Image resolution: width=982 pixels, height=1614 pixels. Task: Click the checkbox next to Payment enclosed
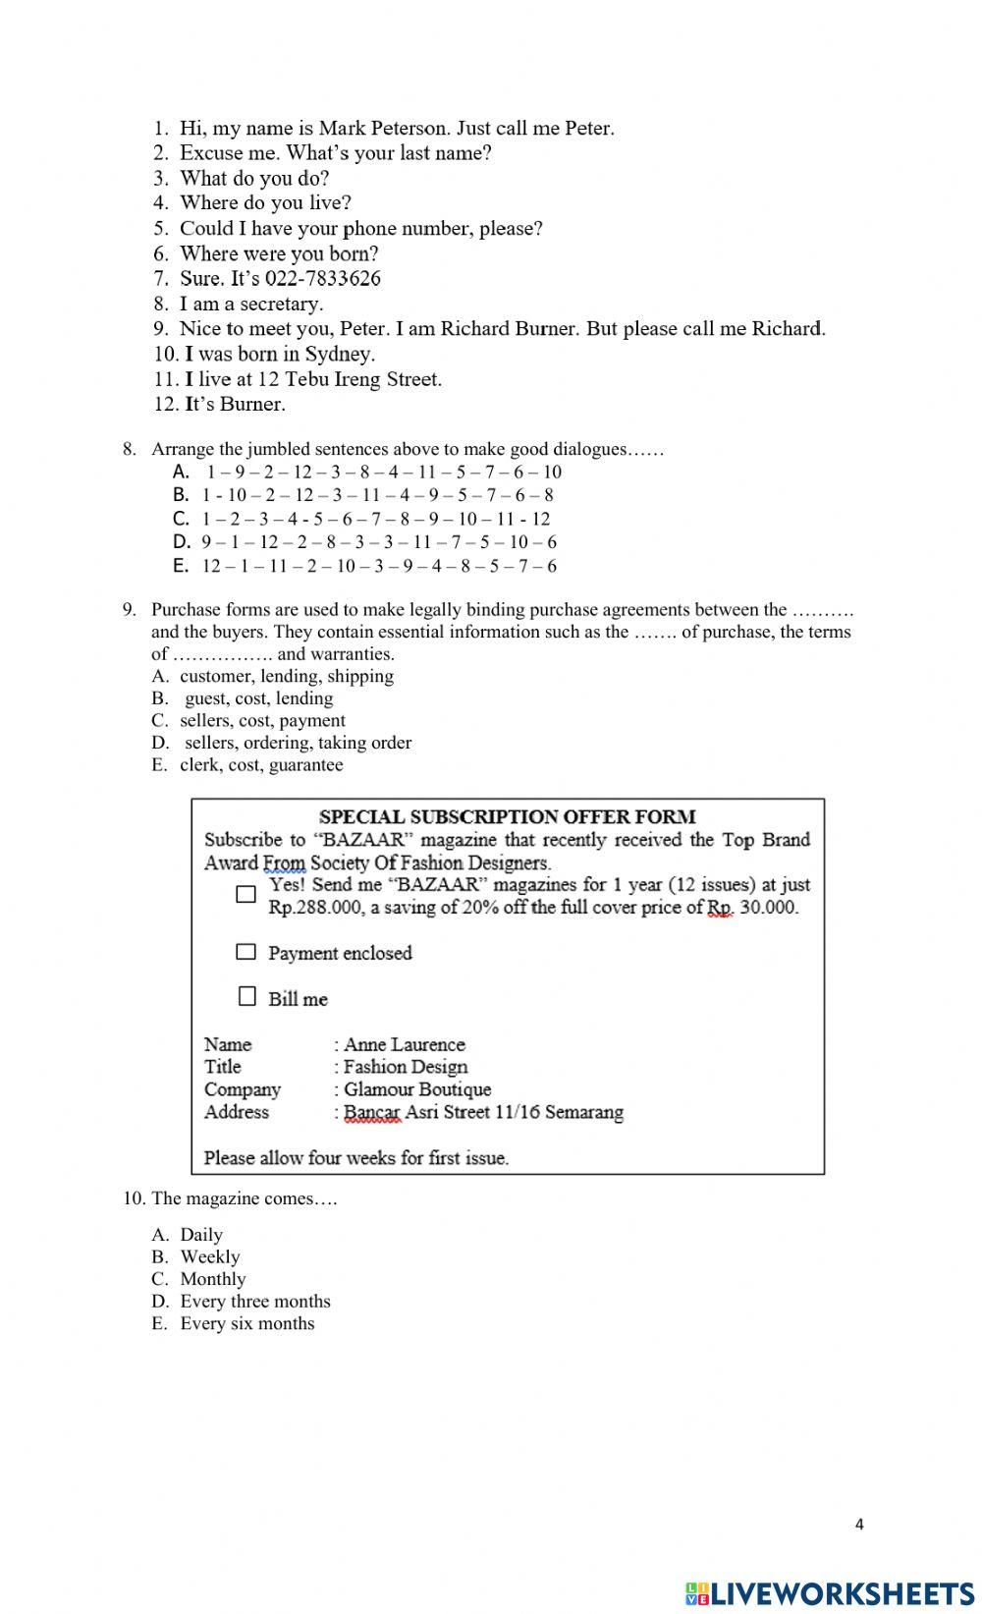[245, 952]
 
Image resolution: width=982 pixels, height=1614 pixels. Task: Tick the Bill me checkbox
[247, 997]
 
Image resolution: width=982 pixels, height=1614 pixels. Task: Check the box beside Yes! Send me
[245, 894]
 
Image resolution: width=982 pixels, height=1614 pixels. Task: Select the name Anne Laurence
[404, 1044]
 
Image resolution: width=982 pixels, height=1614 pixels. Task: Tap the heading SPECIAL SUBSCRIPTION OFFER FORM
[507, 816]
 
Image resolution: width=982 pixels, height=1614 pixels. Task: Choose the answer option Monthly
[212, 1279]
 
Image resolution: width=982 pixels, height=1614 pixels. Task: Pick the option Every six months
[246, 1323]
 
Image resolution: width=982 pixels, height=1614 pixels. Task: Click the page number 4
[860, 1525]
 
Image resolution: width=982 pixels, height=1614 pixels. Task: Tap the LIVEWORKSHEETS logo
[830, 1592]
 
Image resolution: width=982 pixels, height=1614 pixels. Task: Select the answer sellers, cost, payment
[262, 720]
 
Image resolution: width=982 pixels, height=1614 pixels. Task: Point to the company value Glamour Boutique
[417, 1089]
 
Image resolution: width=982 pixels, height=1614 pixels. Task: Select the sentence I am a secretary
[250, 304]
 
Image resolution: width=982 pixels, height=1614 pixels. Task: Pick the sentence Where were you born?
[278, 253]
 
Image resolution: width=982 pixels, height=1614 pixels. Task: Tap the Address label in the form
[236, 1112]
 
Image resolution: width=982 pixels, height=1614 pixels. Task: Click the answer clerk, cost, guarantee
[261, 764]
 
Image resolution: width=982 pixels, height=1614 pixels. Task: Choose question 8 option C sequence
[376, 519]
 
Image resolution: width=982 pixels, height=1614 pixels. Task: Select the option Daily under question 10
[200, 1235]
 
